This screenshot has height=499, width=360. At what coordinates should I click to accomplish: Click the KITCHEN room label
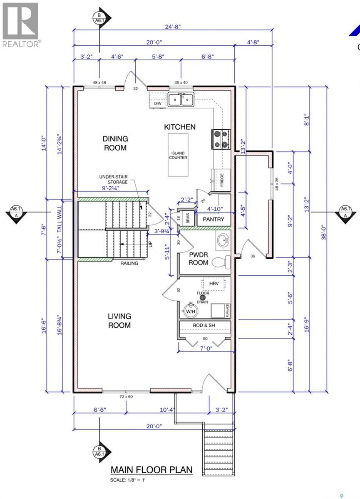coord(179,127)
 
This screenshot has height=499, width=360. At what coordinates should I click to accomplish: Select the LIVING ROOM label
coord(119,321)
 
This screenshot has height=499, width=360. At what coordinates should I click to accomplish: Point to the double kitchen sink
coord(181,100)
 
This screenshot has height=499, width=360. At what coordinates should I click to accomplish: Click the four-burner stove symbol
coord(221,139)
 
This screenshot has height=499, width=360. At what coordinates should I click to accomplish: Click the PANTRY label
coord(213,219)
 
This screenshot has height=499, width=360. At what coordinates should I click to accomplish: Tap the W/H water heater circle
coord(191,310)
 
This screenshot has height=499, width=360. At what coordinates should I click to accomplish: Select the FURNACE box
coord(220,311)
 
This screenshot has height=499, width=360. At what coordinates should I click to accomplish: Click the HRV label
coord(214,283)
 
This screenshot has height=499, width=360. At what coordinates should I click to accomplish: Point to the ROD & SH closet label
coord(204,325)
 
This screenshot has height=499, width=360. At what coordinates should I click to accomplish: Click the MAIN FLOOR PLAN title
coord(151,470)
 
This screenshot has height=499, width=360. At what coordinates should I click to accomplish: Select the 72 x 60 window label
coord(126,397)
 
